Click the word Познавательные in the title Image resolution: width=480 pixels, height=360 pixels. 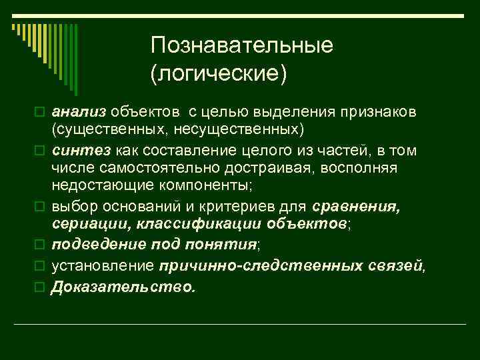(x=241, y=46)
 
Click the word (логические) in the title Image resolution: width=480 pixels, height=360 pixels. (x=219, y=73)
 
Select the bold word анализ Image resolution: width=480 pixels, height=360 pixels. (x=79, y=109)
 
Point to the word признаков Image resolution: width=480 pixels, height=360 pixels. (x=388, y=109)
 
